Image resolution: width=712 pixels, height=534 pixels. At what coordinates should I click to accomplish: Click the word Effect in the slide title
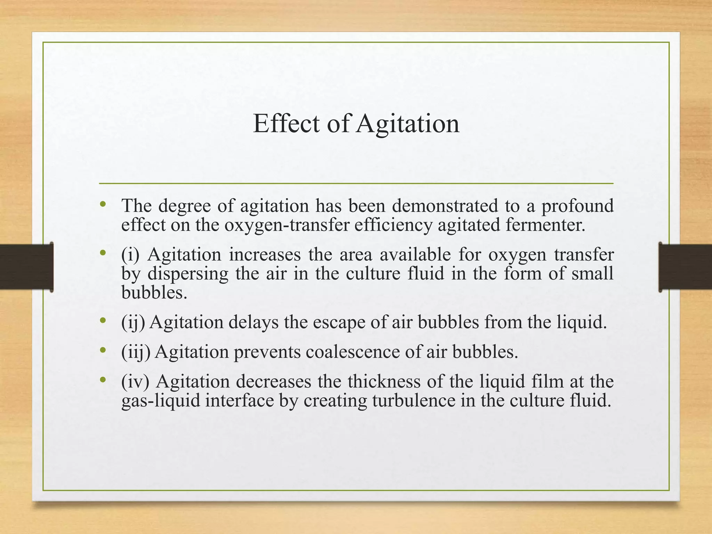coord(286,124)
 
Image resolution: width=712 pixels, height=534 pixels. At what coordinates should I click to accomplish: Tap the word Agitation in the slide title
coord(408,124)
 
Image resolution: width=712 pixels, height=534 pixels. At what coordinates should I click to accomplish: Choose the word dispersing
coord(188,274)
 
